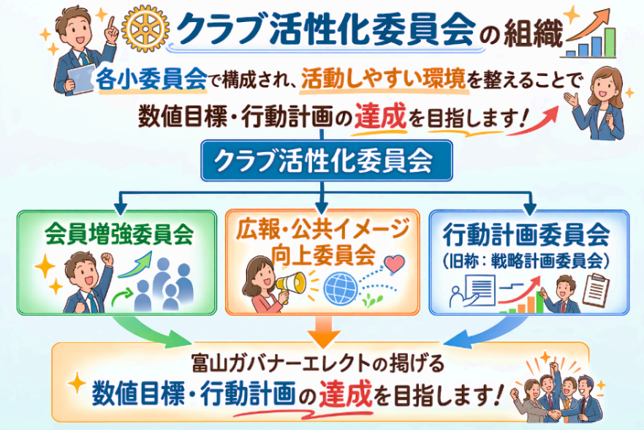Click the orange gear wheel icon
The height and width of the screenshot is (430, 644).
pos(145,29)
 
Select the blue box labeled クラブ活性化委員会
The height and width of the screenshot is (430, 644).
pos(327,161)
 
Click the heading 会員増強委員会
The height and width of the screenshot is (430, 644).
pos(119,234)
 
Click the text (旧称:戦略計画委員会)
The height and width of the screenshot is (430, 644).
pos(526,260)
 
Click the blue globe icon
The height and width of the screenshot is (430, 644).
pos(341,288)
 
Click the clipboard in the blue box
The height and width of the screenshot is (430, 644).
pos(596,290)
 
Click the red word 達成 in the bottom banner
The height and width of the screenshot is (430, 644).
pos(346,393)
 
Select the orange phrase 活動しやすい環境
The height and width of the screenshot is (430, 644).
pos(384,79)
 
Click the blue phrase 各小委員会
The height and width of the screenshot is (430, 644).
pos(151,78)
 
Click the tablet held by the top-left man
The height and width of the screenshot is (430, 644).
pos(81,78)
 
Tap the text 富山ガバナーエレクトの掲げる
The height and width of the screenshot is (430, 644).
pos(318,364)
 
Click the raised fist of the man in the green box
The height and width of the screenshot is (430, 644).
pos(107,259)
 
